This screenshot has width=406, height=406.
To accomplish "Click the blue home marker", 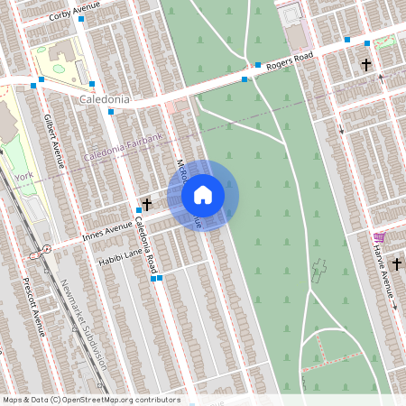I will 203,193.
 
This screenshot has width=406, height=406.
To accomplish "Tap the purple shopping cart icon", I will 379,237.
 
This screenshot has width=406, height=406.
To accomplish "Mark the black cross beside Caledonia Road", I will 147,205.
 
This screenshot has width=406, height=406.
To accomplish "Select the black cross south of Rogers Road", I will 365,65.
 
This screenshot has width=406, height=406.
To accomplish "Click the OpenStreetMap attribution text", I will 90,400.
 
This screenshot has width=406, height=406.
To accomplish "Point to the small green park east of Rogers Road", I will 385,42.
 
